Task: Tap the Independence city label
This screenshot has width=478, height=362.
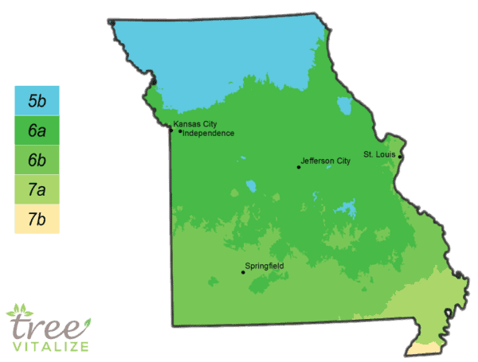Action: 210,134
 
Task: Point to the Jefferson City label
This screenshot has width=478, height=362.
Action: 326,162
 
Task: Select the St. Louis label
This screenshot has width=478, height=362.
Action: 379,152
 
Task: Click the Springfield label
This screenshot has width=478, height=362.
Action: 266,265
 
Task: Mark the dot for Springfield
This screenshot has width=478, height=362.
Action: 243,273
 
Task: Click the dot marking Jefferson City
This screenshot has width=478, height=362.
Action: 299,167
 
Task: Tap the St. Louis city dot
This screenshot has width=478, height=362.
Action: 400,157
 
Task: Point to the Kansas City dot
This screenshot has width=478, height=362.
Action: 170,130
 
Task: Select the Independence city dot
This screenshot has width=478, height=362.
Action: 181,133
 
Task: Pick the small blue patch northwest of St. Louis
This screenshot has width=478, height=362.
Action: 344,106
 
